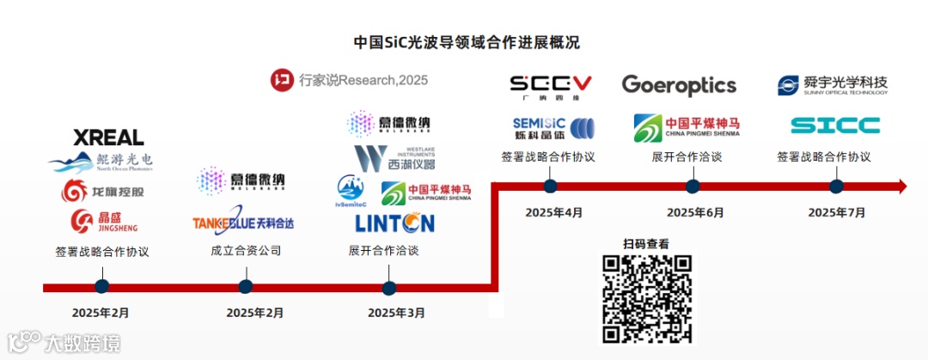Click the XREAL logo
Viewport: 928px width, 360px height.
coord(107,137)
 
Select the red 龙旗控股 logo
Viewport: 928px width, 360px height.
coord(102,191)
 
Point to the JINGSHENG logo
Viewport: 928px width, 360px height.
coord(103,221)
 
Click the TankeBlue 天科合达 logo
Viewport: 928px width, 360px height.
coord(243,223)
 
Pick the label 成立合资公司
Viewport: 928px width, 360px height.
coord(246,251)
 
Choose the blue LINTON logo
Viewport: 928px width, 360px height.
coord(394,223)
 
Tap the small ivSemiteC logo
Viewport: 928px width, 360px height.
coord(351,192)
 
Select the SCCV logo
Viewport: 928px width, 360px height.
coord(551,83)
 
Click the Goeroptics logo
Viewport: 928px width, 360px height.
coord(679,85)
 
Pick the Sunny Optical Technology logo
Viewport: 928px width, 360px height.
coord(832,85)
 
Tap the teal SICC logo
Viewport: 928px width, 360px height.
coord(834,126)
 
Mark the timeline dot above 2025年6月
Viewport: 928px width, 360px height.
coord(693,186)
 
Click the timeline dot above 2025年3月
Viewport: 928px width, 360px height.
coord(388,287)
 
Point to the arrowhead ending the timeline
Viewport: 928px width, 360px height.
coord(901,186)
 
